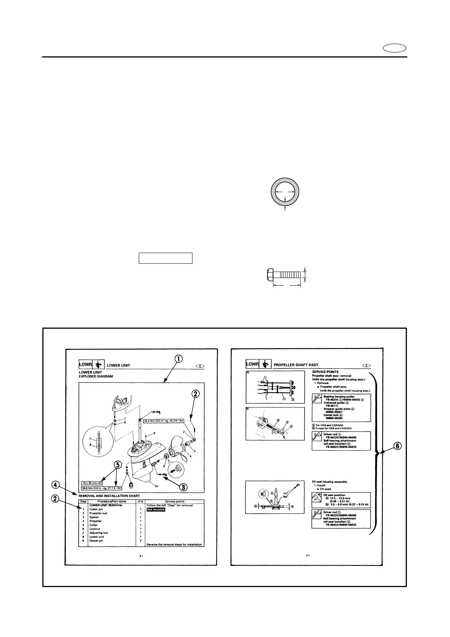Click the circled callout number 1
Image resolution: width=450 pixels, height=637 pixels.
[x=179, y=358]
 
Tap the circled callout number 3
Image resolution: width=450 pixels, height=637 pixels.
[x=183, y=487]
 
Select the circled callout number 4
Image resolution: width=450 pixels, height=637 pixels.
[x=55, y=484]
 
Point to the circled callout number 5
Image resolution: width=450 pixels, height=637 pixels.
[x=118, y=465]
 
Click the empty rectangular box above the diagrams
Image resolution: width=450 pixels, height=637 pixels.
[x=166, y=258]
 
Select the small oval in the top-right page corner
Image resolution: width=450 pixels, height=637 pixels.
[x=395, y=48]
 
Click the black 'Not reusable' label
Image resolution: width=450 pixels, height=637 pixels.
[x=156, y=509]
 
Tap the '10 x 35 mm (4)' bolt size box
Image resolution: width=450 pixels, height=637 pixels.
[x=92, y=483]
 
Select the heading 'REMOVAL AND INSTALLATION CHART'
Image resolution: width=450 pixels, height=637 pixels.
[x=109, y=496]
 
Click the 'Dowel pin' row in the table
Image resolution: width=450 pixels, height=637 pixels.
[x=96, y=541]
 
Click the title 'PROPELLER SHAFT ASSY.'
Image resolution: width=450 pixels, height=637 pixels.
[x=296, y=365]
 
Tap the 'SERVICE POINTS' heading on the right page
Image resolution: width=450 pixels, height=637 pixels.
[x=325, y=372]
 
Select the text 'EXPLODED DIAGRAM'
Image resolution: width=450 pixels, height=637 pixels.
[x=96, y=376]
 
